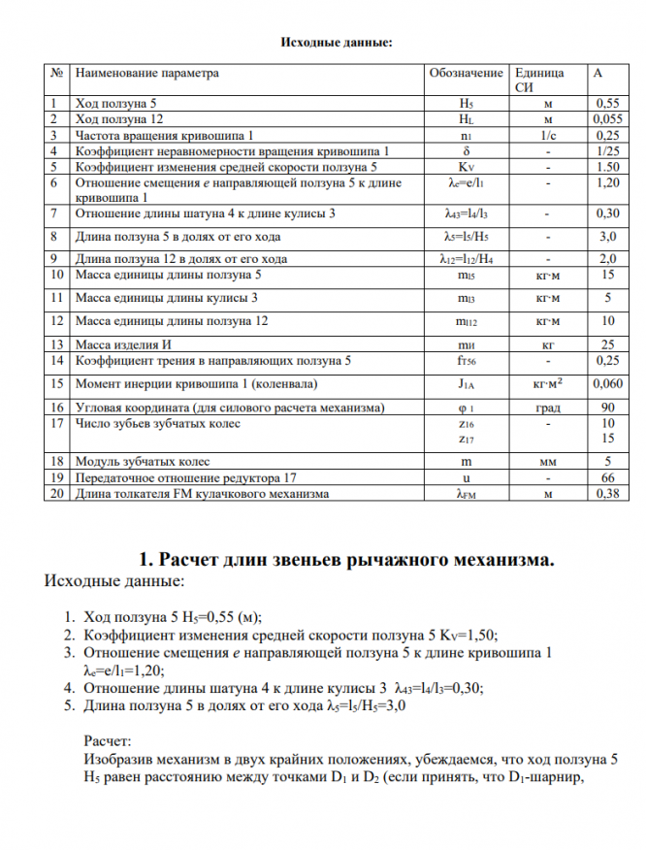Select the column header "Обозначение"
click(466, 73)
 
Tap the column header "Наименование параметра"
click(146, 73)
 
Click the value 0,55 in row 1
click(606, 102)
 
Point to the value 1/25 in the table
click(606, 150)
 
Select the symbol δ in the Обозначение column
click(466, 150)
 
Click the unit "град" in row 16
click(550, 407)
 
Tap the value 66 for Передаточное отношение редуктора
click(606, 478)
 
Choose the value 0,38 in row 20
click(606, 494)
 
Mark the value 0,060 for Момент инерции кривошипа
click(606, 384)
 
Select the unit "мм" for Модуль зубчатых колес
click(550, 462)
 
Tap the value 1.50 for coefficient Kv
click(606, 167)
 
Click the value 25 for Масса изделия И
click(606, 343)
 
